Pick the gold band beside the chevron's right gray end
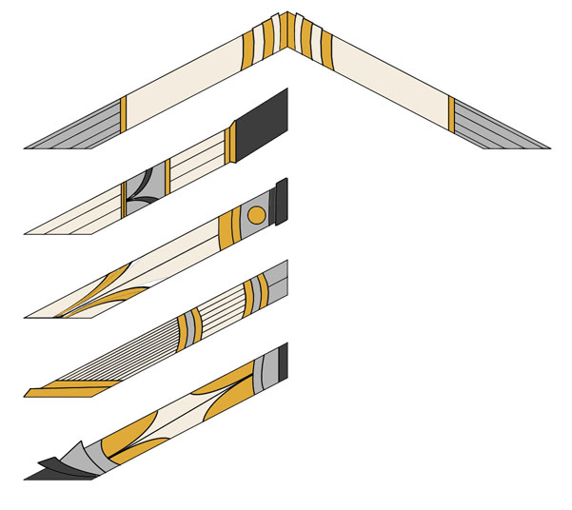point(451,112)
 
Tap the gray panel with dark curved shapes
point(141,186)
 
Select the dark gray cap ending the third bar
point(281,203)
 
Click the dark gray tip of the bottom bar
point(48,469)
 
